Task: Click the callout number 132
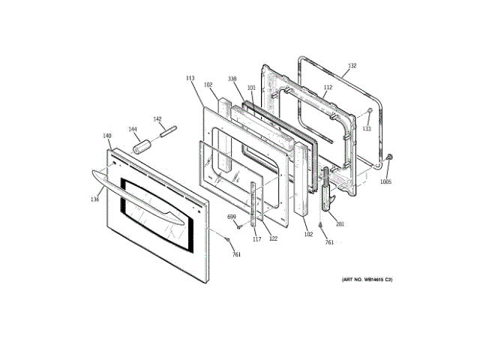352,66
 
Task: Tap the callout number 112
328,88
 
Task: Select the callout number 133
367,128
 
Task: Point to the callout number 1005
385,181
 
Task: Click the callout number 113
190,77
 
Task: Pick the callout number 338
232,78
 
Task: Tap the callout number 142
157,118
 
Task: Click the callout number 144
133,129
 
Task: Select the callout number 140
107,136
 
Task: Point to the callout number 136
95,199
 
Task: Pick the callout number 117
256,239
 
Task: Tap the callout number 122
273,238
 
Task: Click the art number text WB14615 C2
367,280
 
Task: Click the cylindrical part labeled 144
141,145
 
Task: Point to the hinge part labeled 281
326,193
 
